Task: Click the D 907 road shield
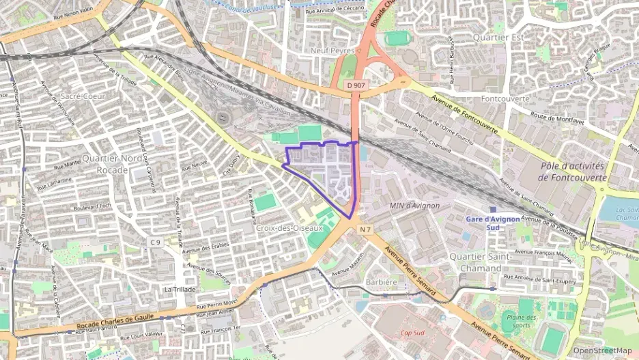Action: [x=354, y=85]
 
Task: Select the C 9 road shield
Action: [x=156, y=242]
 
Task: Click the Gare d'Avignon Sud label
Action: [x=493, y=223]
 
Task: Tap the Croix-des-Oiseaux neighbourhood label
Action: [x=289, y=228]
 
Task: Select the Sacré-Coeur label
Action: [x=83, y=96]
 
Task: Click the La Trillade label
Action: [x=180, y=289]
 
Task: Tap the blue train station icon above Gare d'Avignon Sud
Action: [x=493, y=209]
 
